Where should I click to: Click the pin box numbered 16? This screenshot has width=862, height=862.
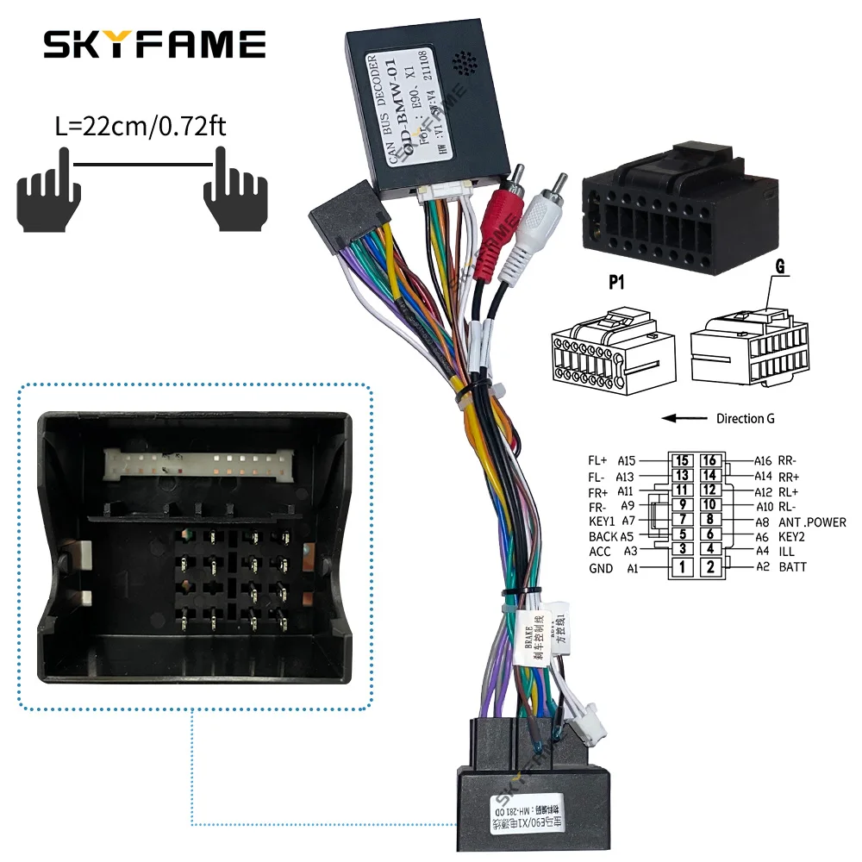coord(709,461)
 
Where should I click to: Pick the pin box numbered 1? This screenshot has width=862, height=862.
coord(682,567)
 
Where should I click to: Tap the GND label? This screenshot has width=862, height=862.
coord(601,569)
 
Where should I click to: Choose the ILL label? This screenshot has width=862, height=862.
coord(786,552)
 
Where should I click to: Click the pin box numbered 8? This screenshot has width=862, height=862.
coord(709,520)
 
